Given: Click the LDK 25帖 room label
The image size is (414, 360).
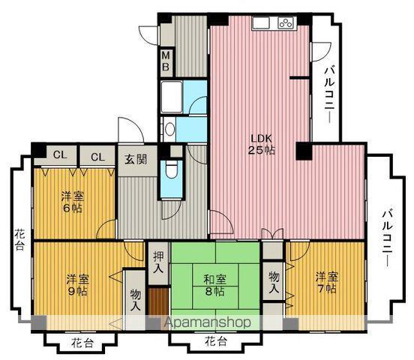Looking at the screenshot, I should [262, 143].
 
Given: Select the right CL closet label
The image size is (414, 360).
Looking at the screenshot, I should [97, 157].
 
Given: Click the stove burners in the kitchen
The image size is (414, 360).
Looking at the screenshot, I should [285, 22].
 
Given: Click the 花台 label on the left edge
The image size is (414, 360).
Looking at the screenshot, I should [19, 242].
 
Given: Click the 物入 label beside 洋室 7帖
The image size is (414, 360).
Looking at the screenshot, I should [274, 283].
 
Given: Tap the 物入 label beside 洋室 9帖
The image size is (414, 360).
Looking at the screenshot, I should [135, 300].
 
